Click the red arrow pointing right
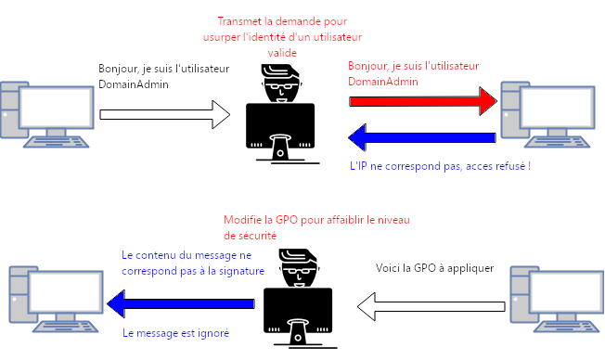pos(423,101)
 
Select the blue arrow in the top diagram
pos(422,137)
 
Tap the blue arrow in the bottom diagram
pos(181,303)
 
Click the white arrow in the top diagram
pos(165,115)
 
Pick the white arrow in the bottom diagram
pos(431,306)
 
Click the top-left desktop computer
pos(47,115)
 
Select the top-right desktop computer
pos(547,115)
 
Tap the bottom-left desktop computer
pos(57,299)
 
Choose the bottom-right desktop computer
pos(557,299)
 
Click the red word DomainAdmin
pos(383,82)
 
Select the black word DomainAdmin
pos(134,84)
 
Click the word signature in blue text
pos(241,271)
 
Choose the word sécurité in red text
pos(250,236)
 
